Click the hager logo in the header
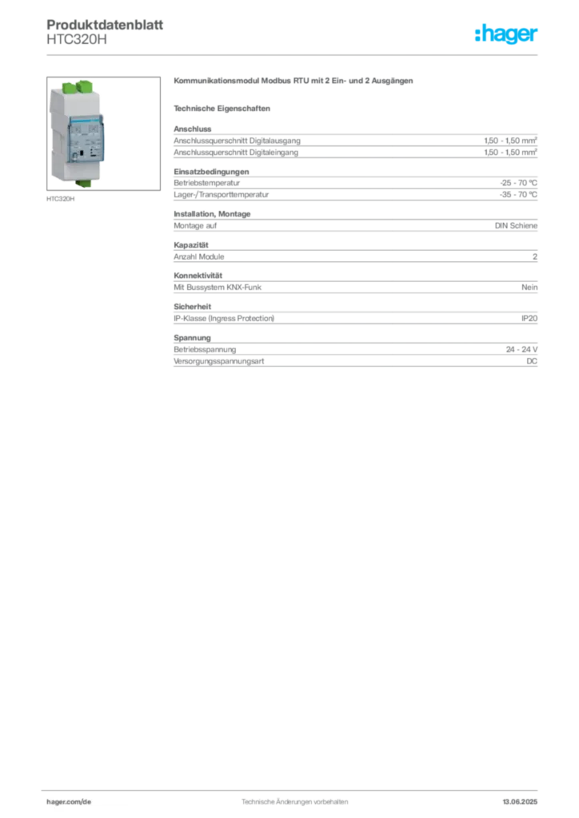pos(506,34)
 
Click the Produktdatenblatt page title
pos(105,25)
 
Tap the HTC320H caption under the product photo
pos(61,199)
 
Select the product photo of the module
pos(103,133)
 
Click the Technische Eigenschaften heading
pos(222,109)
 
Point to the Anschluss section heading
pos(193,129)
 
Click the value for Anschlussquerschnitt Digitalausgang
pos(510,141)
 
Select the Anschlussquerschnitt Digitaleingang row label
pos(236,153)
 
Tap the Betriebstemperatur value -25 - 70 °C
pos(518,183)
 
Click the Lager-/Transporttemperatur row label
pos(222,195)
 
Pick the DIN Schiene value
pos(517,225)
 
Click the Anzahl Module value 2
pos(535,256)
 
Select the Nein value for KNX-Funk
pos(529,287)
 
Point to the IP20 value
pos(529,318)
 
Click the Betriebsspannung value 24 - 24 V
pos(522,350)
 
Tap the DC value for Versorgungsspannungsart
pos(532,361)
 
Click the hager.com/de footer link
pos(69,802)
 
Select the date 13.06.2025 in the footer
pos(520,802)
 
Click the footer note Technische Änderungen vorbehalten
pos(295,802)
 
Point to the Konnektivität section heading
pos(198,276)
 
